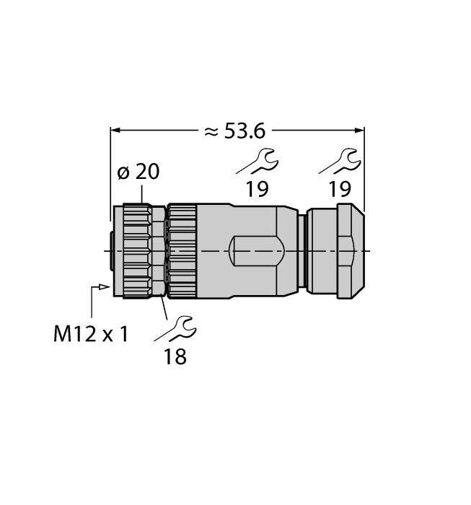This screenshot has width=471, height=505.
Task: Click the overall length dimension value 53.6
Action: click(x=246, y=131)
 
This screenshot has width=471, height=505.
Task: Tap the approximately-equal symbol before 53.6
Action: click(x=211, y=131)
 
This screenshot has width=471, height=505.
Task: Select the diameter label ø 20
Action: click(x=138, y=172)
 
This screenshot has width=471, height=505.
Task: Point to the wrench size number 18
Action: click(x=175, y=356)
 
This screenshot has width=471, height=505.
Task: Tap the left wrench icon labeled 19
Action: click(x=257, y=162)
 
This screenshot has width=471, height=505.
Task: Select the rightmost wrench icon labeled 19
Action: click(x=339, y=162)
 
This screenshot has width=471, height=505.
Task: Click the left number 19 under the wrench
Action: click(x=256, y=190)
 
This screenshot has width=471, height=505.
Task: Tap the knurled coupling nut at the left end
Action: click(x=136, y=250)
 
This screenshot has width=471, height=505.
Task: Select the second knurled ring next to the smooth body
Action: click(x=182, y=250)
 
